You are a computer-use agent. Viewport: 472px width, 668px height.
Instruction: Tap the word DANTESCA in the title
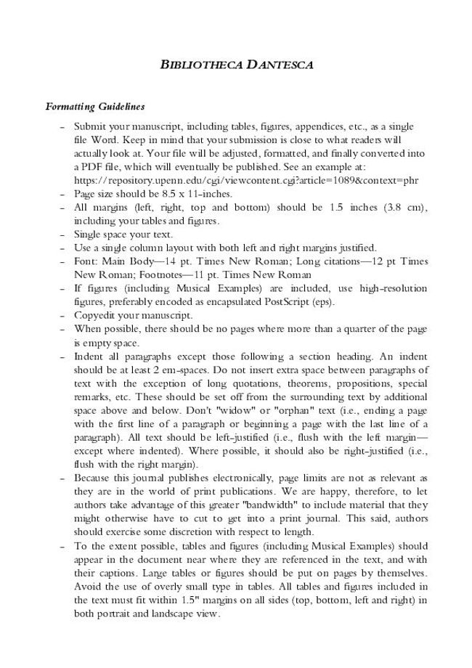click(x=280, y=65)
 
